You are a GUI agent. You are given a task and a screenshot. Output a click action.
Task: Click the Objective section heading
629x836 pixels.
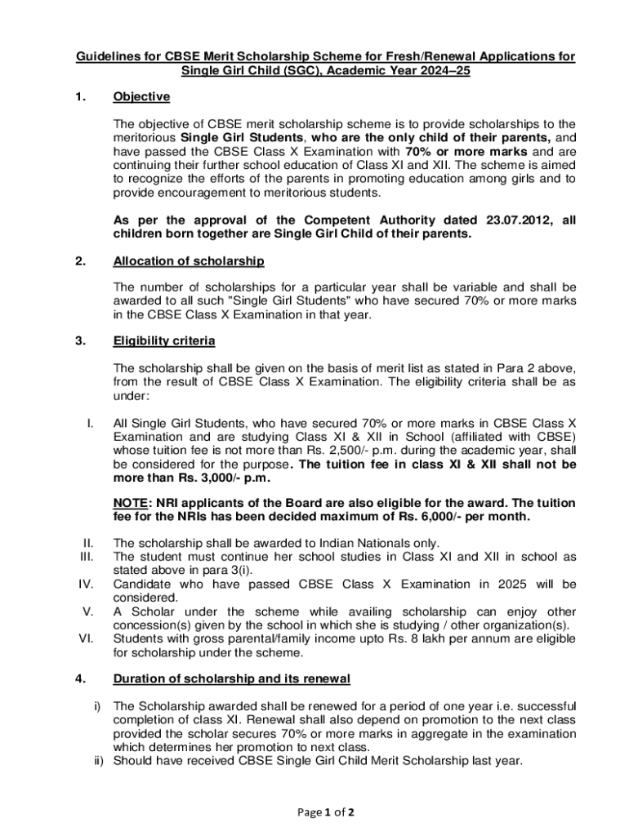click(x=141, y=97)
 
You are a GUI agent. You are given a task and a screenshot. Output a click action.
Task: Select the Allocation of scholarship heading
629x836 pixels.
click(x=188, y=260)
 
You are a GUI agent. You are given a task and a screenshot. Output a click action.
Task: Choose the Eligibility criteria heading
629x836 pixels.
click(x=163, y=340)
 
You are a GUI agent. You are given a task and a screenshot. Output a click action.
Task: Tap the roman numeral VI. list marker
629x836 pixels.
click(x=85, y=638)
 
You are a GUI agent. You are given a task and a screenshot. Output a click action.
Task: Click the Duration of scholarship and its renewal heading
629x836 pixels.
click(x=231, y=678)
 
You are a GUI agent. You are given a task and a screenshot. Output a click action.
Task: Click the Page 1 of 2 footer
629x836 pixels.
click(x=314, y=812)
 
